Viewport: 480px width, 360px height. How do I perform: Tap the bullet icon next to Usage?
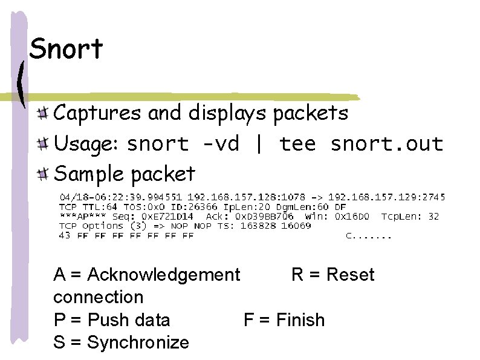coord(42,143)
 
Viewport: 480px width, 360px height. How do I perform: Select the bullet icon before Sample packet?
coord(42,175)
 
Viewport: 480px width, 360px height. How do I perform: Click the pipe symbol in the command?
coord(259,144)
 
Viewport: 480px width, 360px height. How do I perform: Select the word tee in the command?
coord(297,144)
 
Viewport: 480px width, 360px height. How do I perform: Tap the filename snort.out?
coord(387,144)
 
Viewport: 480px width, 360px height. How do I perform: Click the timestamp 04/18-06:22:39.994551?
coord(120,197)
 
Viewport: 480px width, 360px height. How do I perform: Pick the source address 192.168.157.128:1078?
coord(239,197)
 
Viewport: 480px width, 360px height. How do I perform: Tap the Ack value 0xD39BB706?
coord(267,216)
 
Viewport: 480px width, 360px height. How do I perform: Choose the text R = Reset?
coord(332,275)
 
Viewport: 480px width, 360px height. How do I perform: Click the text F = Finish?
coord(284,319)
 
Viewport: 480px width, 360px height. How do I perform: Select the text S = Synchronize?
coord(121,342)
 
